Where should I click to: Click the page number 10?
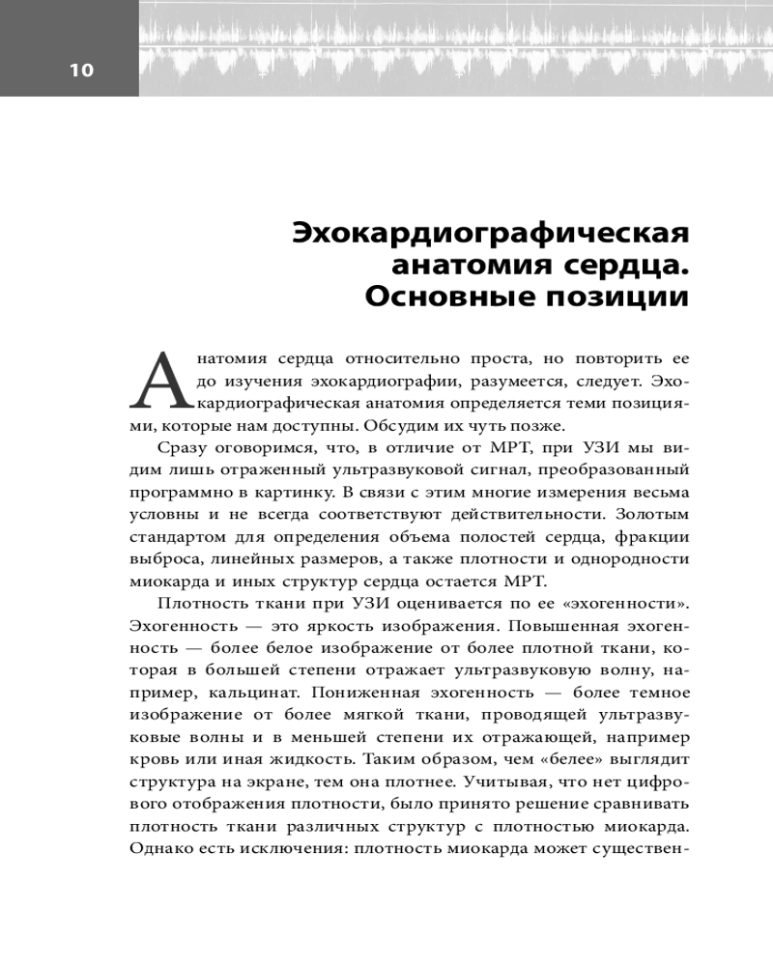point(81,70)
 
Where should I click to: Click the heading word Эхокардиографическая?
point(490,234)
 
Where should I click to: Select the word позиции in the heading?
point(625,296)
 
